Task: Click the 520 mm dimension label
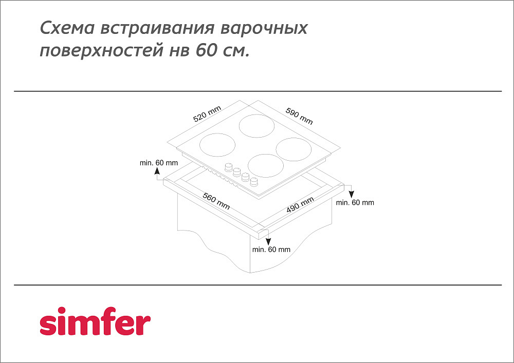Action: coord(207,113)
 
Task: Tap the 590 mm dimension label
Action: coord(299,116)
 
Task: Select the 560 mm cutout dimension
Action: coord(216,201)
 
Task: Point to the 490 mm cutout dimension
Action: coord(300,204)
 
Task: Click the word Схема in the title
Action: coord(67,28)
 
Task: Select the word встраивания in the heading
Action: coord(157,28)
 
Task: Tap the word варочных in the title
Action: coord(264,28)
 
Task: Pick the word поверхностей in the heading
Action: coord(102,51)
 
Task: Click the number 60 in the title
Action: coord(207,50)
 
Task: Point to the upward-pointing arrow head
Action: coord(157,170)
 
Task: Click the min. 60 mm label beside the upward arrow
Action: coord(159,163)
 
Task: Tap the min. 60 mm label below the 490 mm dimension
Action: coord(271,250)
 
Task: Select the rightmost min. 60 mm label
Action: coord(355,203)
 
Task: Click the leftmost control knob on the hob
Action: coord(228,167)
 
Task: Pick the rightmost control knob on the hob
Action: coord(254,181)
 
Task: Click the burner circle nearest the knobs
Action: coord(266,166)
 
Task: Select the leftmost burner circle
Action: coord(217,145)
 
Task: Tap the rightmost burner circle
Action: coord(293,149)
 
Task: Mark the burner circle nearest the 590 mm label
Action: coord(256,126)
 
